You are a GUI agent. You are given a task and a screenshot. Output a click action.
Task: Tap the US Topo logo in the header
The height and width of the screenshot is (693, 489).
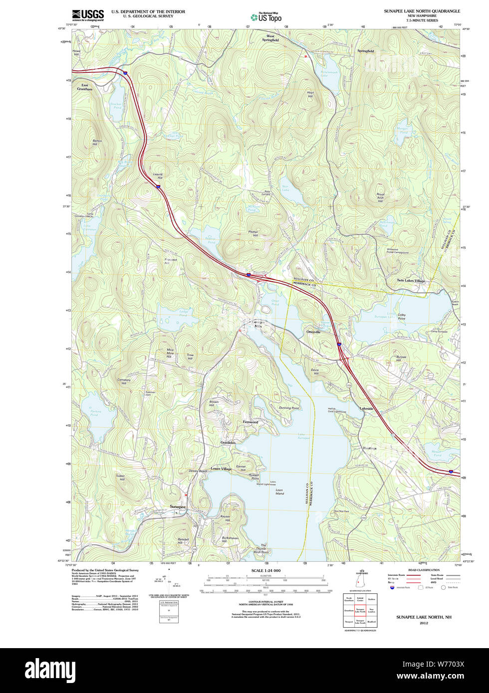(x=266, y=17)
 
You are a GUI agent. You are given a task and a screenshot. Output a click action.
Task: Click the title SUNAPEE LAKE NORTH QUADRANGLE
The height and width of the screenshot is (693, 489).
(x=422, y=11)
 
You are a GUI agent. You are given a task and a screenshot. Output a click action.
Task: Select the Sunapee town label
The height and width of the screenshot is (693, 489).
(x=177, y=507)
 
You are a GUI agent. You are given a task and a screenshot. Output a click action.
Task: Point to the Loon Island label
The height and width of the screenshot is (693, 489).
(x=279, y=492)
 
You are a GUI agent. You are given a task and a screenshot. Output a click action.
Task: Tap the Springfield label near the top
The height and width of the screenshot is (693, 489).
(x=365, y=51)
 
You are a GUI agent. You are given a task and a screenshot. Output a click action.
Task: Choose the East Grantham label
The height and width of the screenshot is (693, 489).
(x=85, y=87)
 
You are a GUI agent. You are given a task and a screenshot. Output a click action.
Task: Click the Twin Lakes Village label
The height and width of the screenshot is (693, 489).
(x=411, y=281)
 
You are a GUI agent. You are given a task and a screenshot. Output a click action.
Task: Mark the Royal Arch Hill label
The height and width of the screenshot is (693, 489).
(x=380, y=197)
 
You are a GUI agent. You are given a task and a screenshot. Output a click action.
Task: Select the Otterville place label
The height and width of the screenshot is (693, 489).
(x=313, y=332)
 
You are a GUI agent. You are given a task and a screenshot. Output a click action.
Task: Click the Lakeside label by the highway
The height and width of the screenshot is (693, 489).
(x=367, y=409)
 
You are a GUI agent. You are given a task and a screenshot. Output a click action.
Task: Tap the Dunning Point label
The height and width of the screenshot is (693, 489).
(x=289, y=408)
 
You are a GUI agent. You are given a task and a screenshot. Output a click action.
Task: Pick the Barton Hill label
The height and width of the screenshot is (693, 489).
(x=97, y=143)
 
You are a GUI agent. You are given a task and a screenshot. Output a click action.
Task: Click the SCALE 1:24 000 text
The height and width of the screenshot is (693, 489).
(x=266, y=570)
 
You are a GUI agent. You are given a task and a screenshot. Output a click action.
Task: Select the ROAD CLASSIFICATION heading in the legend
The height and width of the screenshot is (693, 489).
(x=424, y=570)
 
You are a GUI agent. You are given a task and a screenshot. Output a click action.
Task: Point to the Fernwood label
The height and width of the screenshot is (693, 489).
(x=250, y=422)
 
